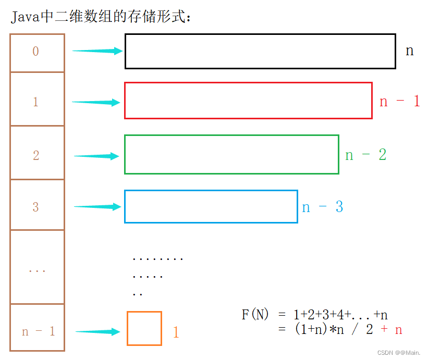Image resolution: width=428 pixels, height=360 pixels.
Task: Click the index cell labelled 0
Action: (x=37, y=53)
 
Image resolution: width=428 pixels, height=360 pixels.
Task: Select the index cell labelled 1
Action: (x=37, y=100)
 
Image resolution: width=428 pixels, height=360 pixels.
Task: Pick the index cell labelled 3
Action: (x=37, y=205)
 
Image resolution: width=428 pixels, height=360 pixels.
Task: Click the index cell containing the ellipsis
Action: (x=37, y=268)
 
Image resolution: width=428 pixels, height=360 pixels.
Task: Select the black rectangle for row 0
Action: (x=260, y=51)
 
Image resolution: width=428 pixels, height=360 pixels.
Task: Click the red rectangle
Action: (x=248, y=101)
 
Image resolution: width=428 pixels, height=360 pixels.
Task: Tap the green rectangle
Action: (x=231, y=154)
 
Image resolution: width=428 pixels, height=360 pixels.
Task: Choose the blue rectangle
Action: (x=211, y=207)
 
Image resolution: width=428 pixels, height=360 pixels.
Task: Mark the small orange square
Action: (x=144, y=328)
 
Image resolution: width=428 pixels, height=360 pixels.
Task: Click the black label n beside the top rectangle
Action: (x=410, y=51)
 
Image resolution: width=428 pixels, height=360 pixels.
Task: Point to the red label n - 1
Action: (x=400, y=101)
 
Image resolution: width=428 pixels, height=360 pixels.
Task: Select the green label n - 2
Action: (x=365, y=155)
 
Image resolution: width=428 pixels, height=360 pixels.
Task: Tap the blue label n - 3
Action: (x=323, y=207)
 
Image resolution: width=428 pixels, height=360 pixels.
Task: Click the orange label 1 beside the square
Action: (x=176, y=332)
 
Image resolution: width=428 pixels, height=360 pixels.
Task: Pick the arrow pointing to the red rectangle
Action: (x=96, y=102)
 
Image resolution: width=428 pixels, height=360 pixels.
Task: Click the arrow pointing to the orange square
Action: (x=99, y=331)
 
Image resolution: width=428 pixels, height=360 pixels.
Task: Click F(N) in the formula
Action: (x=255, y=315)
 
